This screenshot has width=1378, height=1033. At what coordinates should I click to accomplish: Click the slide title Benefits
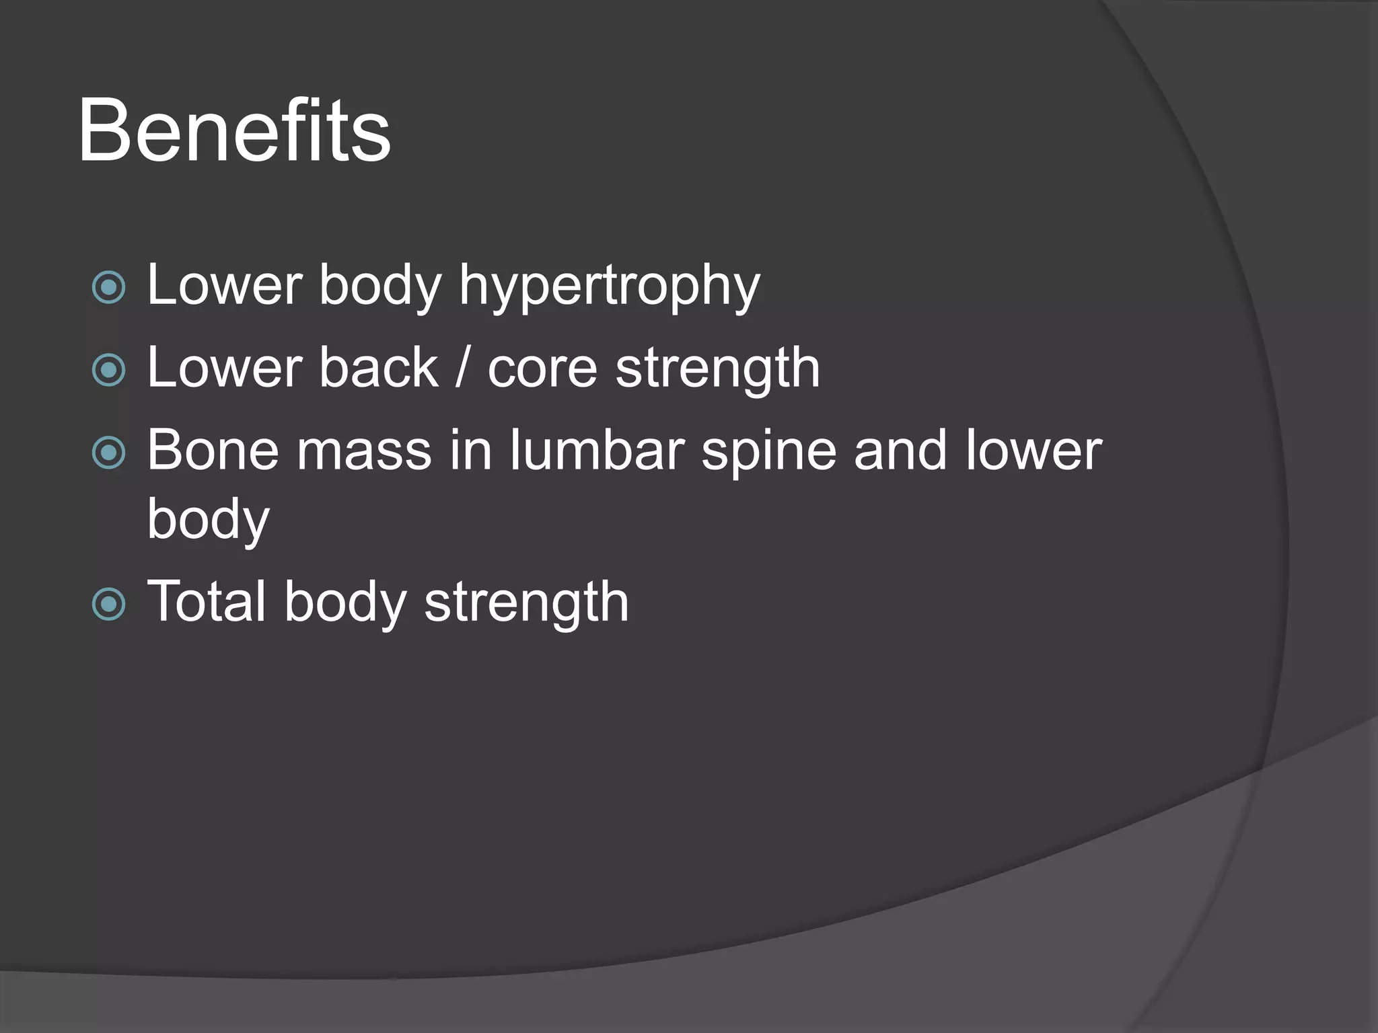coord(233,130)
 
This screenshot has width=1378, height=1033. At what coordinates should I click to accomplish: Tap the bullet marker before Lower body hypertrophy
coord(108,288)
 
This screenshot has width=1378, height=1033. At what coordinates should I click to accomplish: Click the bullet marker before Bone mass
coord(108,453)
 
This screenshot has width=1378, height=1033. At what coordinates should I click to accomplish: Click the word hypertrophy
coord(609,286)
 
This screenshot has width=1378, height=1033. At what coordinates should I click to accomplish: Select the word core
coord(542,369)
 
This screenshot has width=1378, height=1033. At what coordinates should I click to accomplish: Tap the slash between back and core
coord(462,369)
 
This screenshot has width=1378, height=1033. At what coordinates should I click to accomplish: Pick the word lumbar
coord(597,450)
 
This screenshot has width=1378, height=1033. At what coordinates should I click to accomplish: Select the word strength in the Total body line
coord(526,603)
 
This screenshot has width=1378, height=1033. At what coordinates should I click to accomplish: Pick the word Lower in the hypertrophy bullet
coord(225,285)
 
